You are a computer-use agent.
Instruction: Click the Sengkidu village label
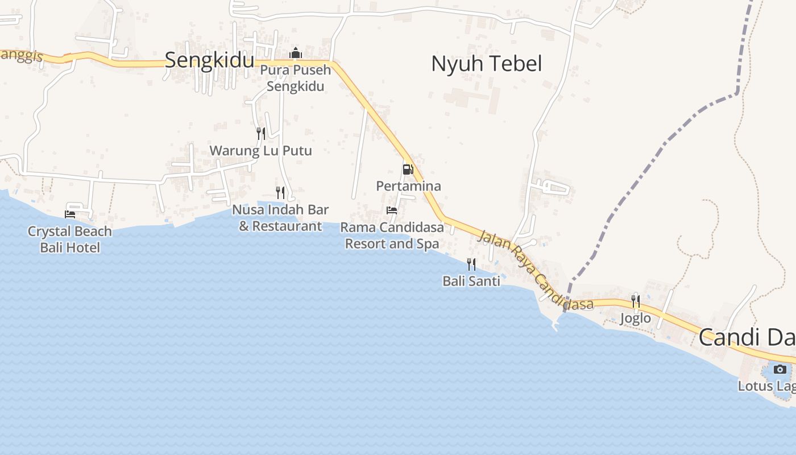point(209,60)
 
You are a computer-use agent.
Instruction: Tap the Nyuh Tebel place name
point(486,64)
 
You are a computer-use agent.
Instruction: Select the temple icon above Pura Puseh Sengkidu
point(295,53)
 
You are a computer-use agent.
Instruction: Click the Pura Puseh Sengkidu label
point(296,78)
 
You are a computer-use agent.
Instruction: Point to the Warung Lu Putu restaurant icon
point(261,133)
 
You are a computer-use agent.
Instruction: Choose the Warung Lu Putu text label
point(261,151)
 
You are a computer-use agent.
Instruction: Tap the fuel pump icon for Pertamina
point(408,169)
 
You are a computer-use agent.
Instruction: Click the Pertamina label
point(408,186)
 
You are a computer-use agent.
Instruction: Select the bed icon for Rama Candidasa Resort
point(392,210)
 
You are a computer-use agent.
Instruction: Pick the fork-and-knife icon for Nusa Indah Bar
point(280,192)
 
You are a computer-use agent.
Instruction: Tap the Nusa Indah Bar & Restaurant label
point(280,218)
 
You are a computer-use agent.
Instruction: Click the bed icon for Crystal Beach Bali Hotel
point(70,214)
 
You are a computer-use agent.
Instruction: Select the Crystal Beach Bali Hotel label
point(70,239)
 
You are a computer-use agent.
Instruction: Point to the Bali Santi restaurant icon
point(471,264)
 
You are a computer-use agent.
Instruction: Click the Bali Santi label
point(471,281)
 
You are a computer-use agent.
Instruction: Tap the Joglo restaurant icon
point(636,301)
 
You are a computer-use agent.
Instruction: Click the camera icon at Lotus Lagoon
point(780,369)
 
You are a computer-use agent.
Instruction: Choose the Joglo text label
point(635,318)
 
